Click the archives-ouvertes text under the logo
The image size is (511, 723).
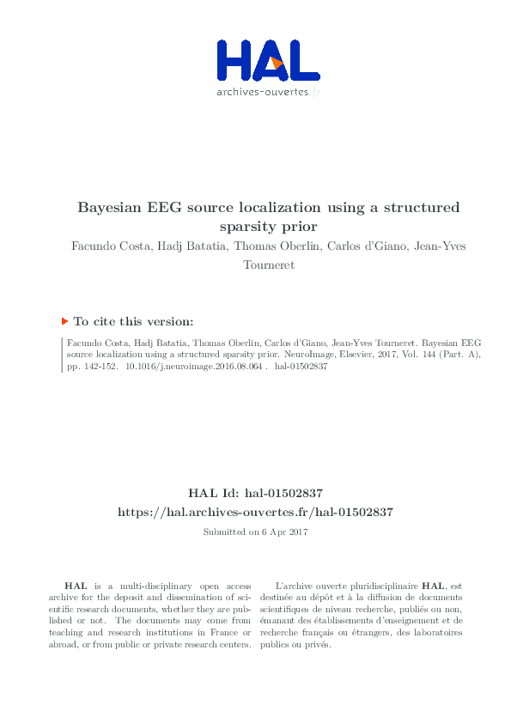point(265,90)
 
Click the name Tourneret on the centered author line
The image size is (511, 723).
point(270,265)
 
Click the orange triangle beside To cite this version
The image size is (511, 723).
point(64,320)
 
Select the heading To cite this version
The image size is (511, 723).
point(133,321)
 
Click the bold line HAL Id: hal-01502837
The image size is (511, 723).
point(255,493)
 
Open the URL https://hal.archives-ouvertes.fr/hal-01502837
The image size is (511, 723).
point(255,512)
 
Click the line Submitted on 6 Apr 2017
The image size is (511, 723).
point(255,532)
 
